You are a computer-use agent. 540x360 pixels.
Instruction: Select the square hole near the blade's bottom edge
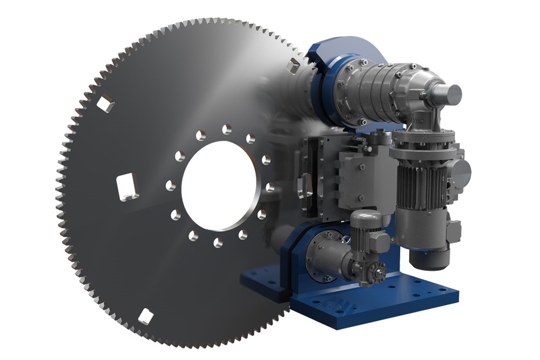[145, 316]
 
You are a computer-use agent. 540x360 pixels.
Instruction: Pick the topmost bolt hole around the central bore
[225, 130]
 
